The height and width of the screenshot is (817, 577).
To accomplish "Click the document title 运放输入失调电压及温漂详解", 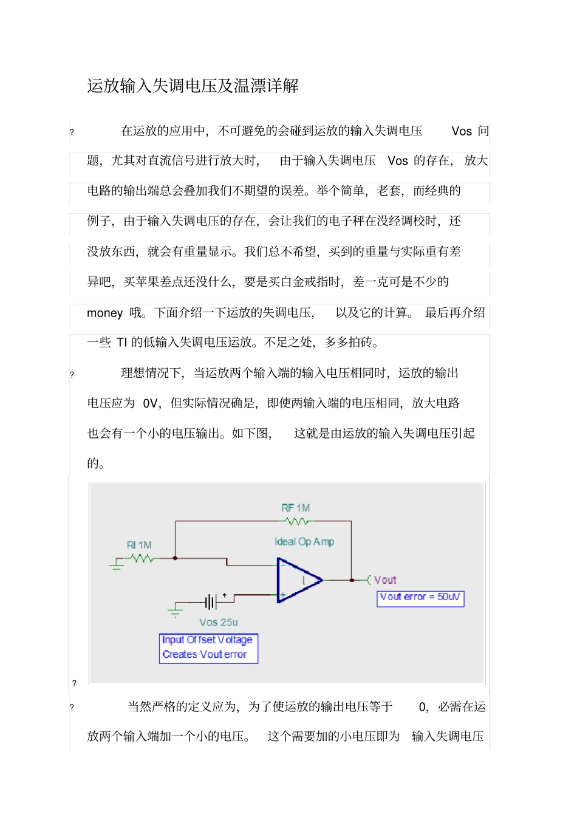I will point(193,86).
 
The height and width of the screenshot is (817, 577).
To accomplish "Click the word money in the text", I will point(104,313).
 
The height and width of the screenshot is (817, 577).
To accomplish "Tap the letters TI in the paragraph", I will point(121,343).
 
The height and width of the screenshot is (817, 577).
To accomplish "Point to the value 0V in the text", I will point(151,403).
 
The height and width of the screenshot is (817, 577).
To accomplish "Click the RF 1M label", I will point(295,508).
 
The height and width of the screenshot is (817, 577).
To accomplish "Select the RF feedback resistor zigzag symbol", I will point(296,521).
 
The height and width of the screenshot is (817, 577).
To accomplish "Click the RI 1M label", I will point(138,545).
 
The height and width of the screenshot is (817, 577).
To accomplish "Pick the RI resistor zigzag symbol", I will point(141,558).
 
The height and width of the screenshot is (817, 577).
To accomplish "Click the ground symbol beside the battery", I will point(176,609).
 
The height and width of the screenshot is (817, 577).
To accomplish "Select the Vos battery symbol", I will point(210,602).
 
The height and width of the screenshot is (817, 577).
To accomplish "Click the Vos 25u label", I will point(218,623).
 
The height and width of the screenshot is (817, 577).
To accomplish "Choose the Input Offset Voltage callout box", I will point(208,648).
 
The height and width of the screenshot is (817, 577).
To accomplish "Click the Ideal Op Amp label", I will point(304,541).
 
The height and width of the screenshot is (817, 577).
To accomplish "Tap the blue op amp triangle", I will point(298,581).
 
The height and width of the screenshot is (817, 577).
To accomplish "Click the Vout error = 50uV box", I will point(420,598).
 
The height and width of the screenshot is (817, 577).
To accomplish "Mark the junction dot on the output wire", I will point(352,580).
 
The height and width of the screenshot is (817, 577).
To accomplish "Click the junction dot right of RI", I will point(176,558).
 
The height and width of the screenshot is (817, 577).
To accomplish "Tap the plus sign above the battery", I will point(225,595).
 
